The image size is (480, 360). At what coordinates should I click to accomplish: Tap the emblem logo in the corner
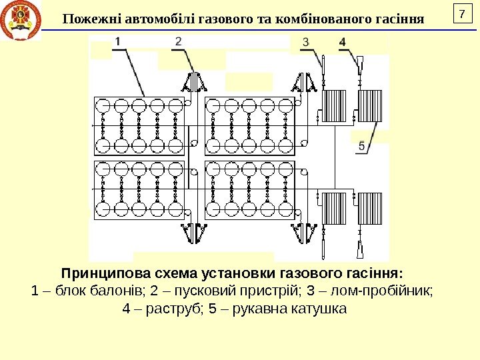[21, 21]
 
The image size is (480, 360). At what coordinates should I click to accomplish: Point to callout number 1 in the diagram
[117, 42]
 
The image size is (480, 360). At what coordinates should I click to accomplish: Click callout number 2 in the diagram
[178, 41]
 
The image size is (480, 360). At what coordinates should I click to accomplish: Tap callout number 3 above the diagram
[306, 42]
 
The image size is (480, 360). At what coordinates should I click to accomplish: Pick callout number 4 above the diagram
[342, 42]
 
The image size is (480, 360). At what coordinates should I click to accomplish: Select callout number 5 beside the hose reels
[361, 145]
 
